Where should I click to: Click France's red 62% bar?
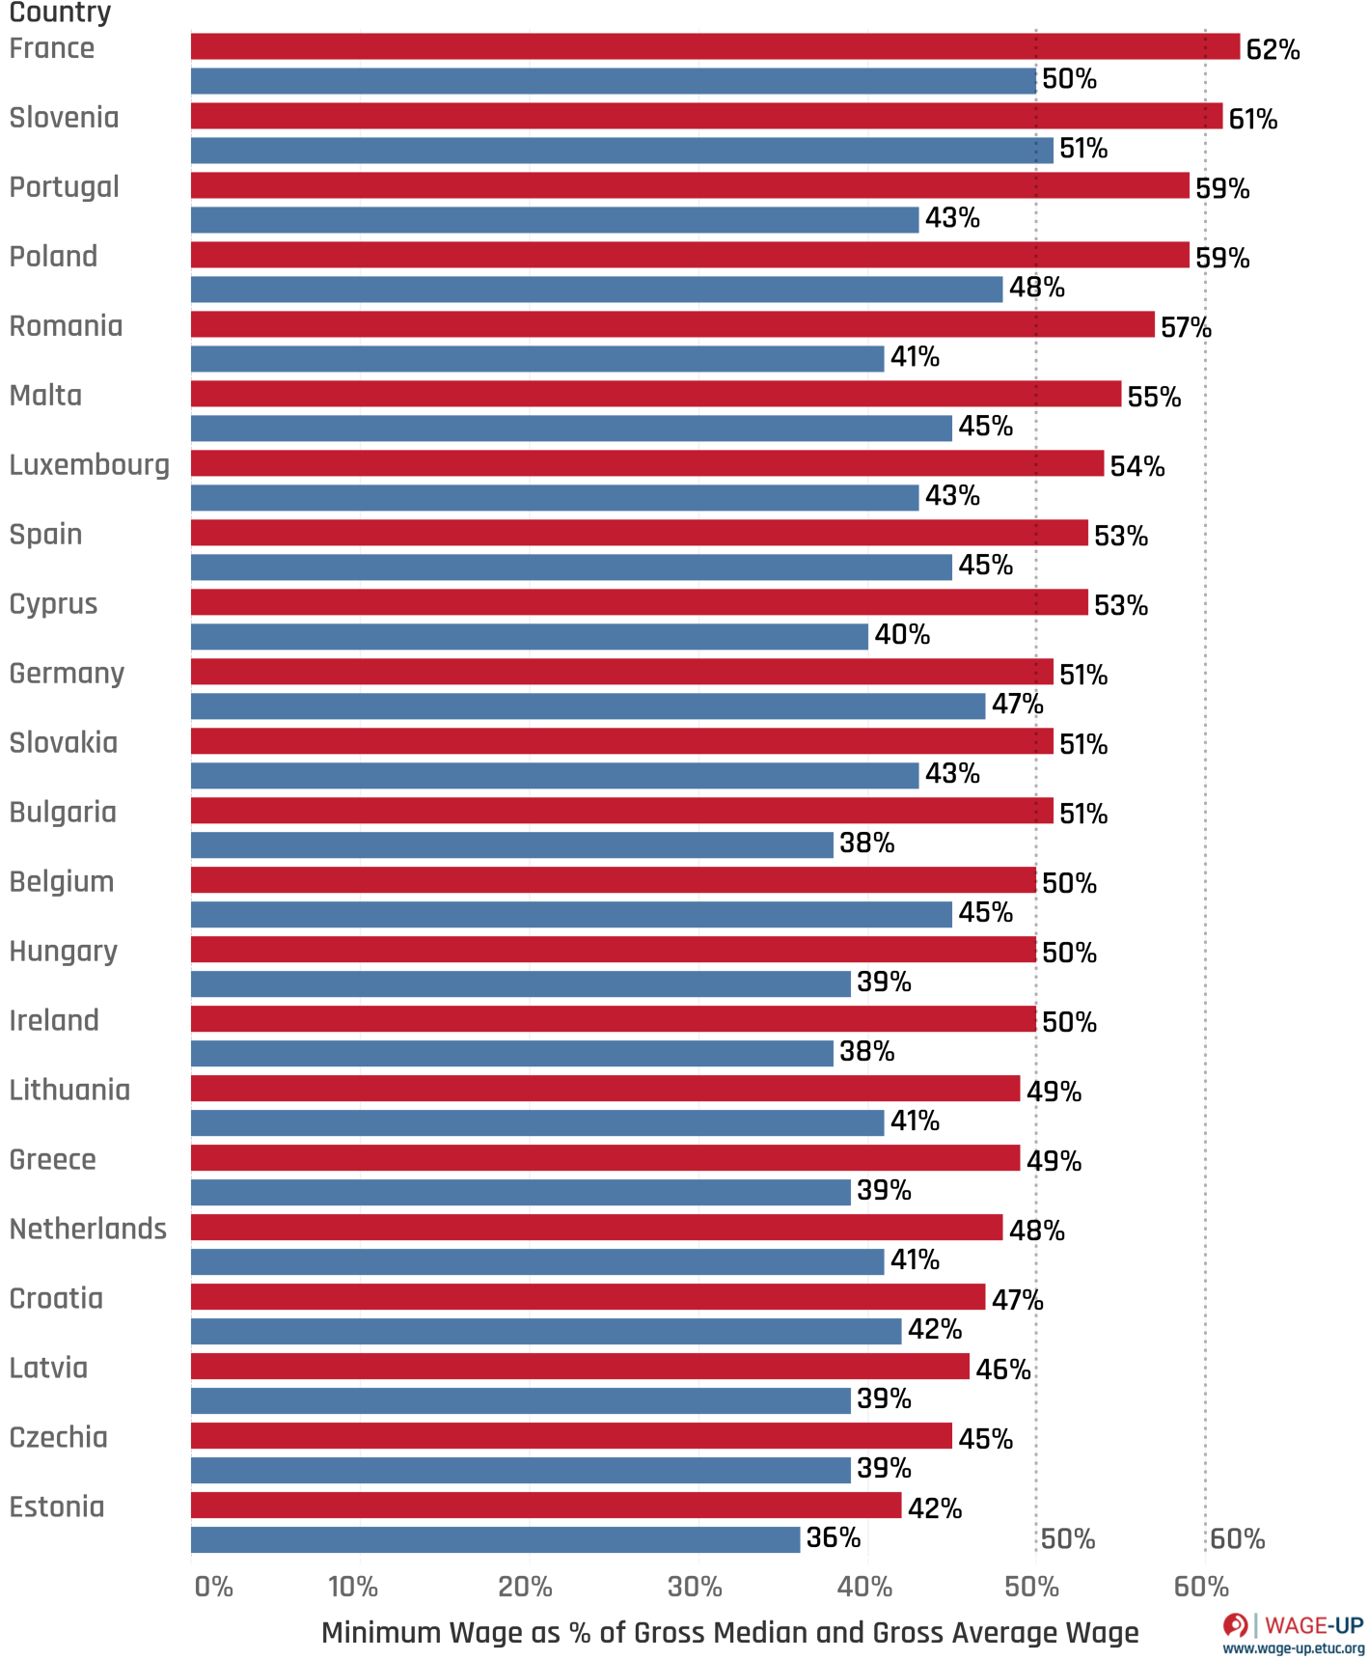tap(714, 46)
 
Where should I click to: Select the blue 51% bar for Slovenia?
tap(621, 151)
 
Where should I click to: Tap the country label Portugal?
tap(64, 186)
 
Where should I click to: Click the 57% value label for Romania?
tap(1186, 327)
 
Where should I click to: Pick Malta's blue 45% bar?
tap(571, 429)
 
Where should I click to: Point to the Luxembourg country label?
tap(89, 465)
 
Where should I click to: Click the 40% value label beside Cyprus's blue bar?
tap(902, 635)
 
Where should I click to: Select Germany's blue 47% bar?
tap(588, 706)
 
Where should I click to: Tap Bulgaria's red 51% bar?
tap(621, 811)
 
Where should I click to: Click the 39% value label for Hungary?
tap(884, 982)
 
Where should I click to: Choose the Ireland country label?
tap(54, 1020)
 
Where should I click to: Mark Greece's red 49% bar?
tap(605, 1158)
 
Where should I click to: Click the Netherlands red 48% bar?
tap(596, 1228)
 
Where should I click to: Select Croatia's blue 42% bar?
tap(546, 1332)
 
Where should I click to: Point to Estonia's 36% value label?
tap(834, 1537)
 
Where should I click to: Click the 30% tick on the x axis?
tap(695, 1587)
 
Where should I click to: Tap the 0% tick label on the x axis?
tap(213, 1587)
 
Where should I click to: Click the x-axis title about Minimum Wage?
tap(729, 1633)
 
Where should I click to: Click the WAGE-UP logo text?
tap(1313, 1625)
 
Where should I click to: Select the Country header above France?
tap(60, 13)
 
